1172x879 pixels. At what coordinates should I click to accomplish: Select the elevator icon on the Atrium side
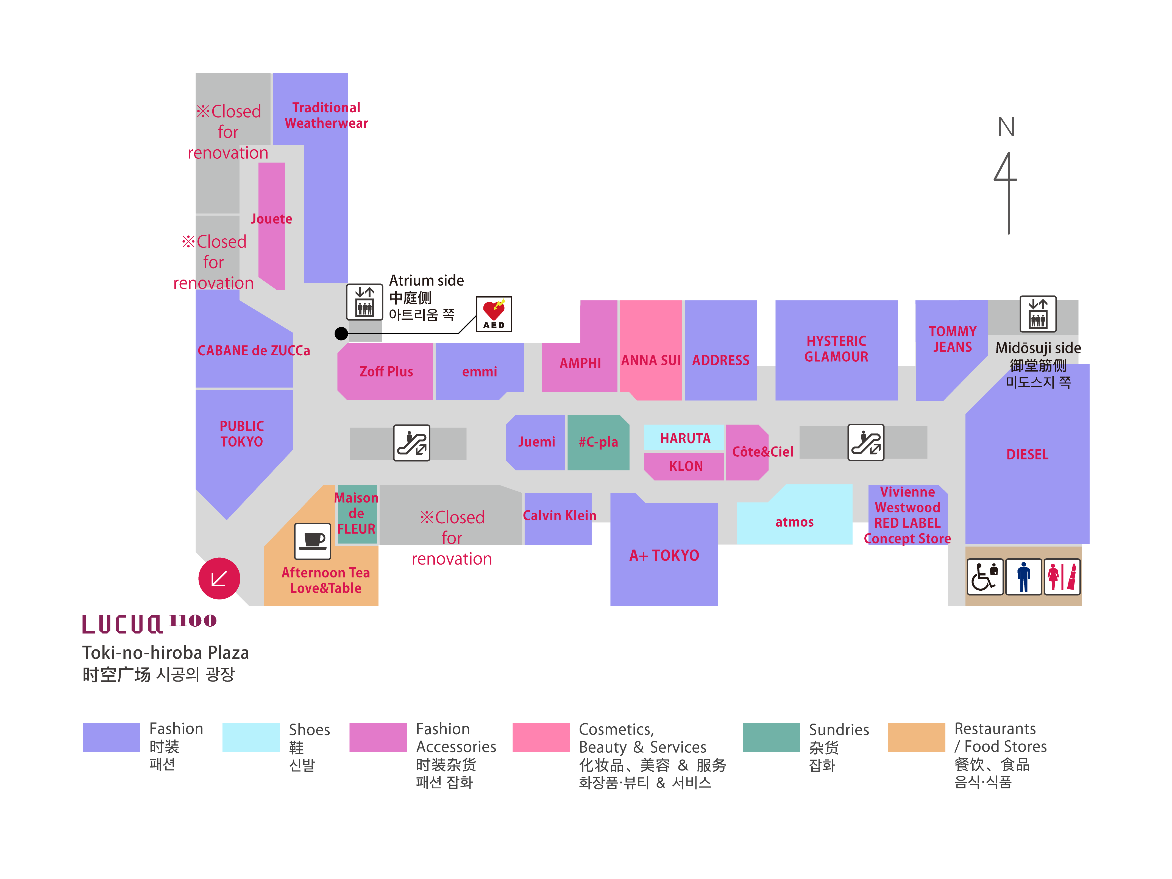(364, 302)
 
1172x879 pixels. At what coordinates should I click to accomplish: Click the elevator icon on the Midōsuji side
(1038, 314)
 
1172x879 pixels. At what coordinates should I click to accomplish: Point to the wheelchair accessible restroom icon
(985, 576)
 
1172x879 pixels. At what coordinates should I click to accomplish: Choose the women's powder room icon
(1062, 576)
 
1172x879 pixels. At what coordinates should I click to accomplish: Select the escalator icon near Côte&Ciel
(866, 442)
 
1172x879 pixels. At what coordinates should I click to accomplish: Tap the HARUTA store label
(685, 438)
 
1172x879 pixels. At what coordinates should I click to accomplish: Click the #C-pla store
(598, 442)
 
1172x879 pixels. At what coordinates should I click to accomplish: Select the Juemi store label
(536, 442)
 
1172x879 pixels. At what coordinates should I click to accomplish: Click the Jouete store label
(271, 219)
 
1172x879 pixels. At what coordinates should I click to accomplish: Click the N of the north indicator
(1006, 127)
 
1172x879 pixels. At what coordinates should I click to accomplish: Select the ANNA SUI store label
(651, 360)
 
